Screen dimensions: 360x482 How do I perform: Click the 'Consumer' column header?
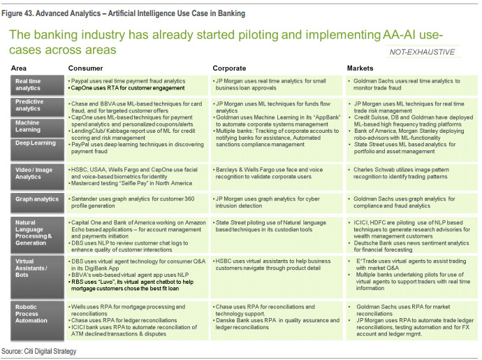pos(85,69)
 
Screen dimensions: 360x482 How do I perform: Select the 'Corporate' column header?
pos(231,69)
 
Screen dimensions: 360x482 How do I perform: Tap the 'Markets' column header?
pos(361,69)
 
